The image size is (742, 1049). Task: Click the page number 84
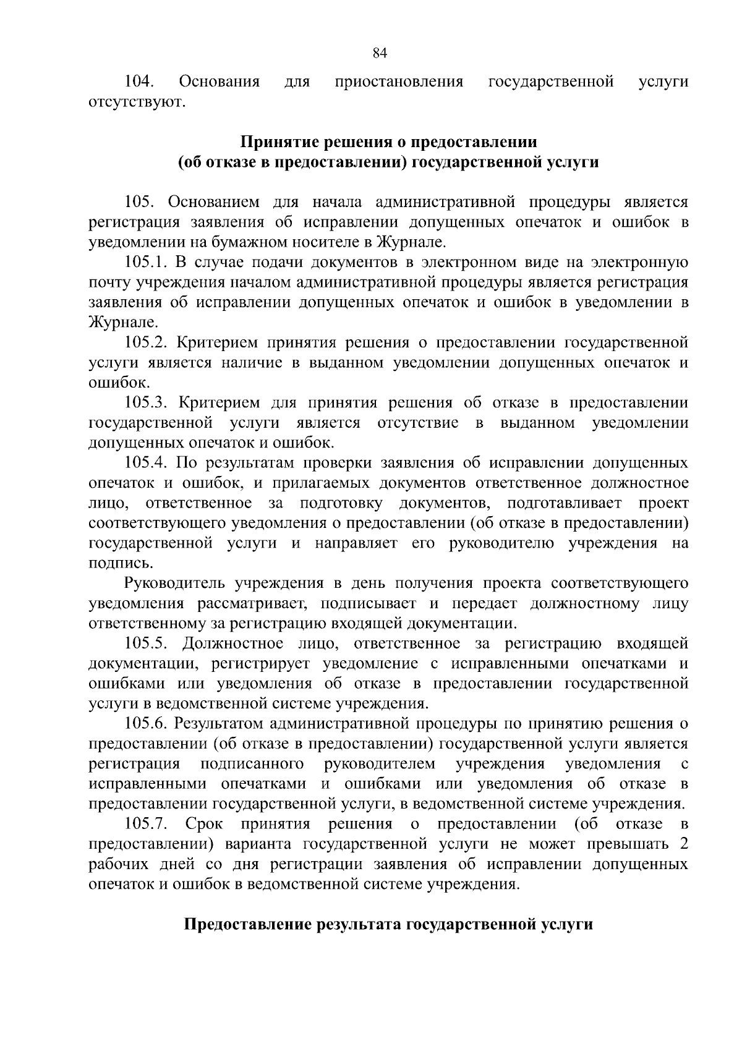380,53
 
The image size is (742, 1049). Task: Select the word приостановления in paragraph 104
399,82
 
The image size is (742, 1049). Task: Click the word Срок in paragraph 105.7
203,824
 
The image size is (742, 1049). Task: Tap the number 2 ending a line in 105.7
683,844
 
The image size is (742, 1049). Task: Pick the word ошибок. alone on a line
111,383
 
